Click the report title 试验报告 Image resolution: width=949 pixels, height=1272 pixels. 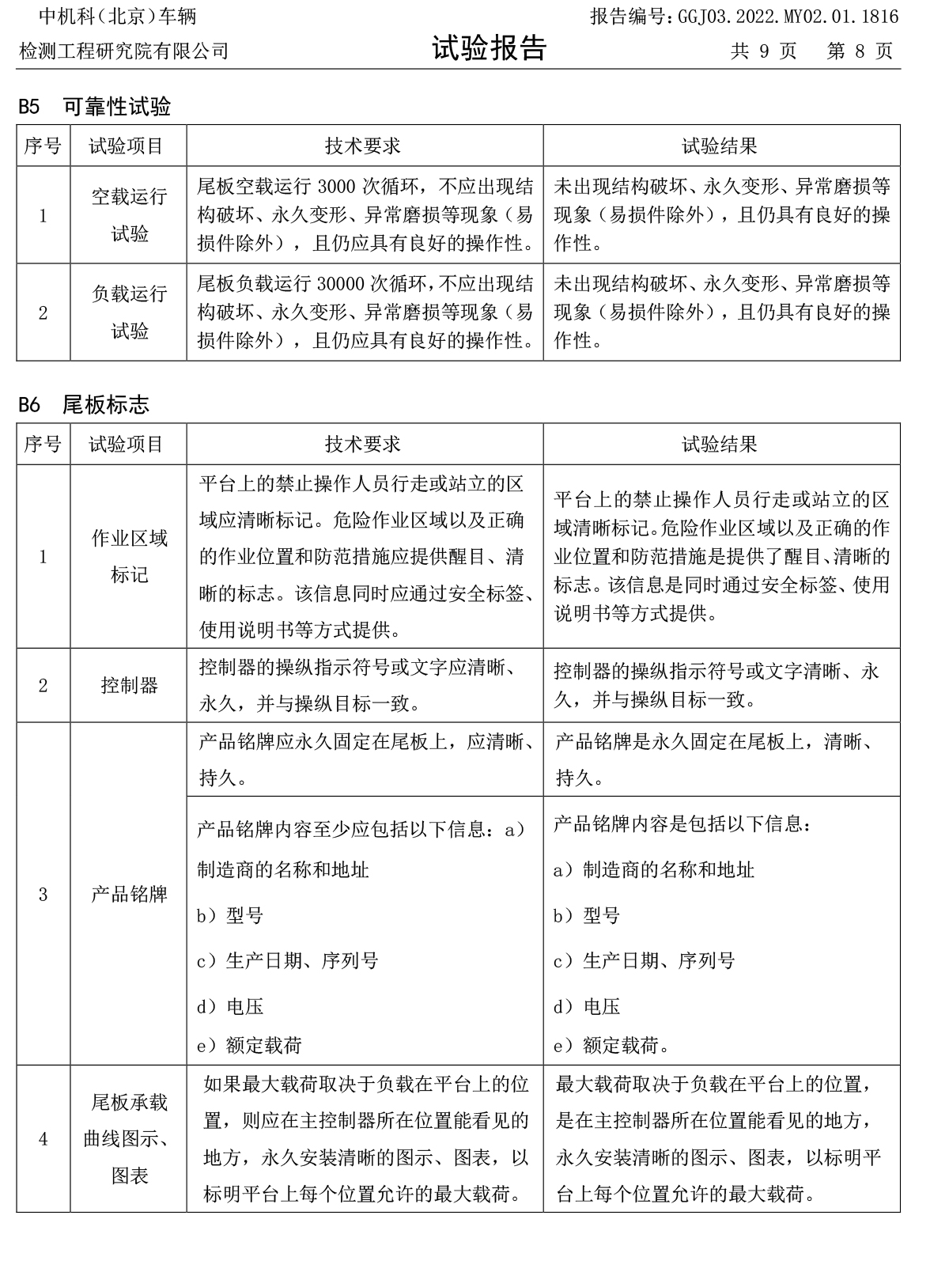coord(489,49)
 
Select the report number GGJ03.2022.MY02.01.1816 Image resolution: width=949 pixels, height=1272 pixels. coord(788,17)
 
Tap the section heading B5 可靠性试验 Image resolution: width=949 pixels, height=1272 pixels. coord(95,107)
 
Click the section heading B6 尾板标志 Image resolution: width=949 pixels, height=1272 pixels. coord(84,405)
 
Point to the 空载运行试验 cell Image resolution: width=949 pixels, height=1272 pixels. coord(129,215)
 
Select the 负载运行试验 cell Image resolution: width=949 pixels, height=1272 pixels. coord(129,312)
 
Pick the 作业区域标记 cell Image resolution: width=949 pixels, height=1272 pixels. coord(129,557)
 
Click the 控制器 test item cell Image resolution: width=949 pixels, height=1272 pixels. coord(129,685)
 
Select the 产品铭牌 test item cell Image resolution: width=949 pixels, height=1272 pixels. coord(129,894)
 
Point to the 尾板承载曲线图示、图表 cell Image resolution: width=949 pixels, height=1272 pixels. coord(129,1138)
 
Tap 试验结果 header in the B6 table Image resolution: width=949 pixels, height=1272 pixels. coord(720,444)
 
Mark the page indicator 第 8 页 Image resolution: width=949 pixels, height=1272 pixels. coord(860,51)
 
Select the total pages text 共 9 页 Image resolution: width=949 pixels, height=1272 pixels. coord(763,51)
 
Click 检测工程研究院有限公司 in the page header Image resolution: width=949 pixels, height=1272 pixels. coord(124,51)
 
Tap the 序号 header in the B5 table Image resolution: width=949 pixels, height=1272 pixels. coord(43,146)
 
